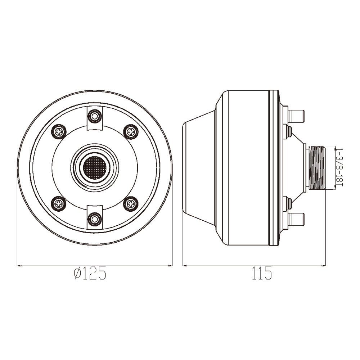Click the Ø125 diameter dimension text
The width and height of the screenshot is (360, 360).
90,273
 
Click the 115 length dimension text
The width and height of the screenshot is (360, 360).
262,273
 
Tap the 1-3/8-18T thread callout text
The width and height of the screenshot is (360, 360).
339,167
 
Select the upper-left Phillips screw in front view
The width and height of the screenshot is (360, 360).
59,132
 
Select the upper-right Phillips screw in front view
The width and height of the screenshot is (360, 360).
131,132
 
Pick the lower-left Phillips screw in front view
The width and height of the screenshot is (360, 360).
59,203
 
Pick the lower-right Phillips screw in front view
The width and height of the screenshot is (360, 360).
131,203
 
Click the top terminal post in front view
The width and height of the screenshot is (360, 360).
95,116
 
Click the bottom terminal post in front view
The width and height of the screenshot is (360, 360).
95,219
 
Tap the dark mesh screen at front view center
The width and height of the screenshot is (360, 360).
95,168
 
